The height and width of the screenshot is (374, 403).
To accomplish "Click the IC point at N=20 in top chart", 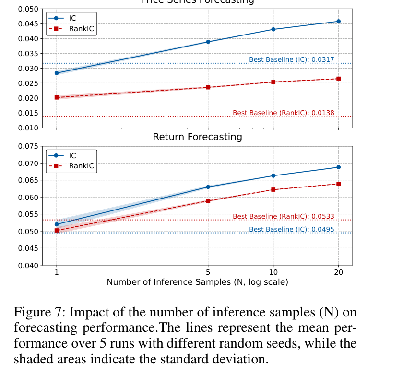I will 338,21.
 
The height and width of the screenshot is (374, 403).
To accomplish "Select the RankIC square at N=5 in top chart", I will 208,87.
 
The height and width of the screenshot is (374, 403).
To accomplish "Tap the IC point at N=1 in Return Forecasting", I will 57,224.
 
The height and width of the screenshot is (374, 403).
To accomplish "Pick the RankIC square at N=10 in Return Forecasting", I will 273,189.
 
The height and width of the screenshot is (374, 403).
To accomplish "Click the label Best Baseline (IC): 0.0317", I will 291,60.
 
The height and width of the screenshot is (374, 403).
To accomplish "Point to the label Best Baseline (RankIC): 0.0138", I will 283,113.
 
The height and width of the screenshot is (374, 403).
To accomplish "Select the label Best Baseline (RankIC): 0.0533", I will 283,217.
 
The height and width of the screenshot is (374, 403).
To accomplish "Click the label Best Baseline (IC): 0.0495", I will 291,229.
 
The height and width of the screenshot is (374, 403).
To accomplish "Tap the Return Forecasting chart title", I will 197,137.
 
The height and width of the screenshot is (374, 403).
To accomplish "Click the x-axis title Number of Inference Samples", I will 197,282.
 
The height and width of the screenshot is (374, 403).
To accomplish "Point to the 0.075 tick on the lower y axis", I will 28,146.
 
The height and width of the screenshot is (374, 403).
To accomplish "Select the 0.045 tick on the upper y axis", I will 28,24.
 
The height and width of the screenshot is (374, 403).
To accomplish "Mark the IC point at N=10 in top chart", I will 273,29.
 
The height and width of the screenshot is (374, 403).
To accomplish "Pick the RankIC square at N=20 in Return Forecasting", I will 338,184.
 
